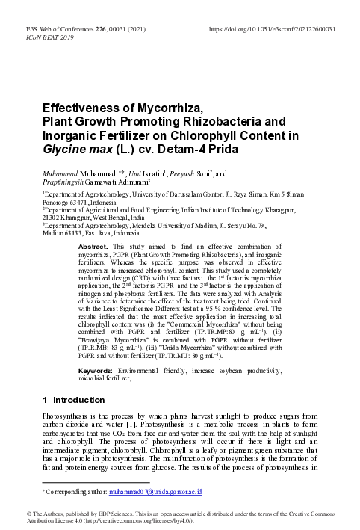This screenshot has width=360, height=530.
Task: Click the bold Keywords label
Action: (x=97, y=370)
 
